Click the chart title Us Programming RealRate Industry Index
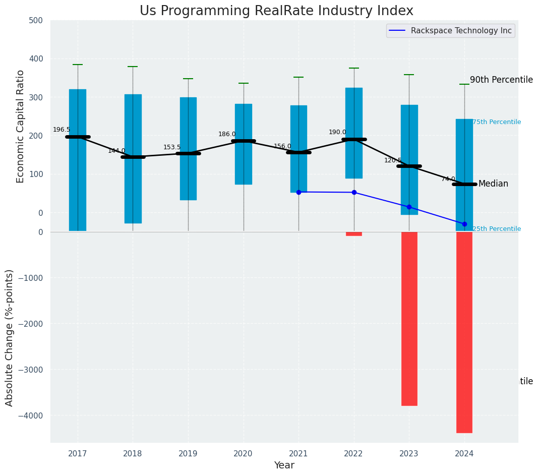276,11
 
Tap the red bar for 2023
409,319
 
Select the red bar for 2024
464,332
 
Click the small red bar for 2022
353,234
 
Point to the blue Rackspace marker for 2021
298,192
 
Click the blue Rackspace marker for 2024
464,224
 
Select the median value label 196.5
62,130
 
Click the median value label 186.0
227,134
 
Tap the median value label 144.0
116,151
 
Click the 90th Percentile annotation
501,80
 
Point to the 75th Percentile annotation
497,122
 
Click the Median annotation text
493,184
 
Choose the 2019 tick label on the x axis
188,454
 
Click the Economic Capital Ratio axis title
21,126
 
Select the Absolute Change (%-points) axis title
10,337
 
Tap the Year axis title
284,465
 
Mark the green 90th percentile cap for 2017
78,65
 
